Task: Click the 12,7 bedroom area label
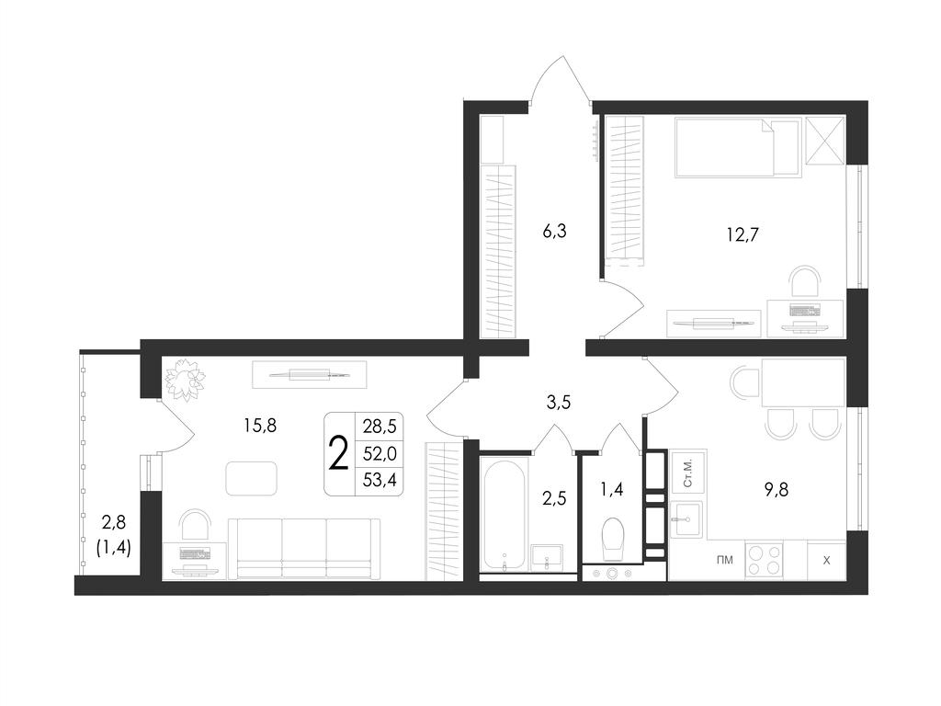pyautogui.click(x=743, y=234)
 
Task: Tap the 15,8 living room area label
pyautogui.click(x=260, y=426)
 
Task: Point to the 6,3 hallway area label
pyautogui.click(x=554, y=231)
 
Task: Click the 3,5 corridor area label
pyautogui.click(x=558, y=403)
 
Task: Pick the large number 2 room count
pyautogui.click(x=339, y=454)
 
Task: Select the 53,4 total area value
pyautogui.click(x=380, y=480)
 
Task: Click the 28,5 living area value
pyautogui.click(x=380, y=427)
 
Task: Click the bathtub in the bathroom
pyautogui.click(x=505, y=516)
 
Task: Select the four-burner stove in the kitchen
pyautogui.click(x=764, y=560)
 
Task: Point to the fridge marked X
pyautogui.click(x=826, y=561)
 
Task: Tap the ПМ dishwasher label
pyautogui.click(x=725, y=561)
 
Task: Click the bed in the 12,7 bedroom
pyautogui.click(x=738, y=148)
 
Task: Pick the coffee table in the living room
pyautogui.click(x=252, y=478)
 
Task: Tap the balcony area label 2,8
pyautogui.click(x=113, y=523)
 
